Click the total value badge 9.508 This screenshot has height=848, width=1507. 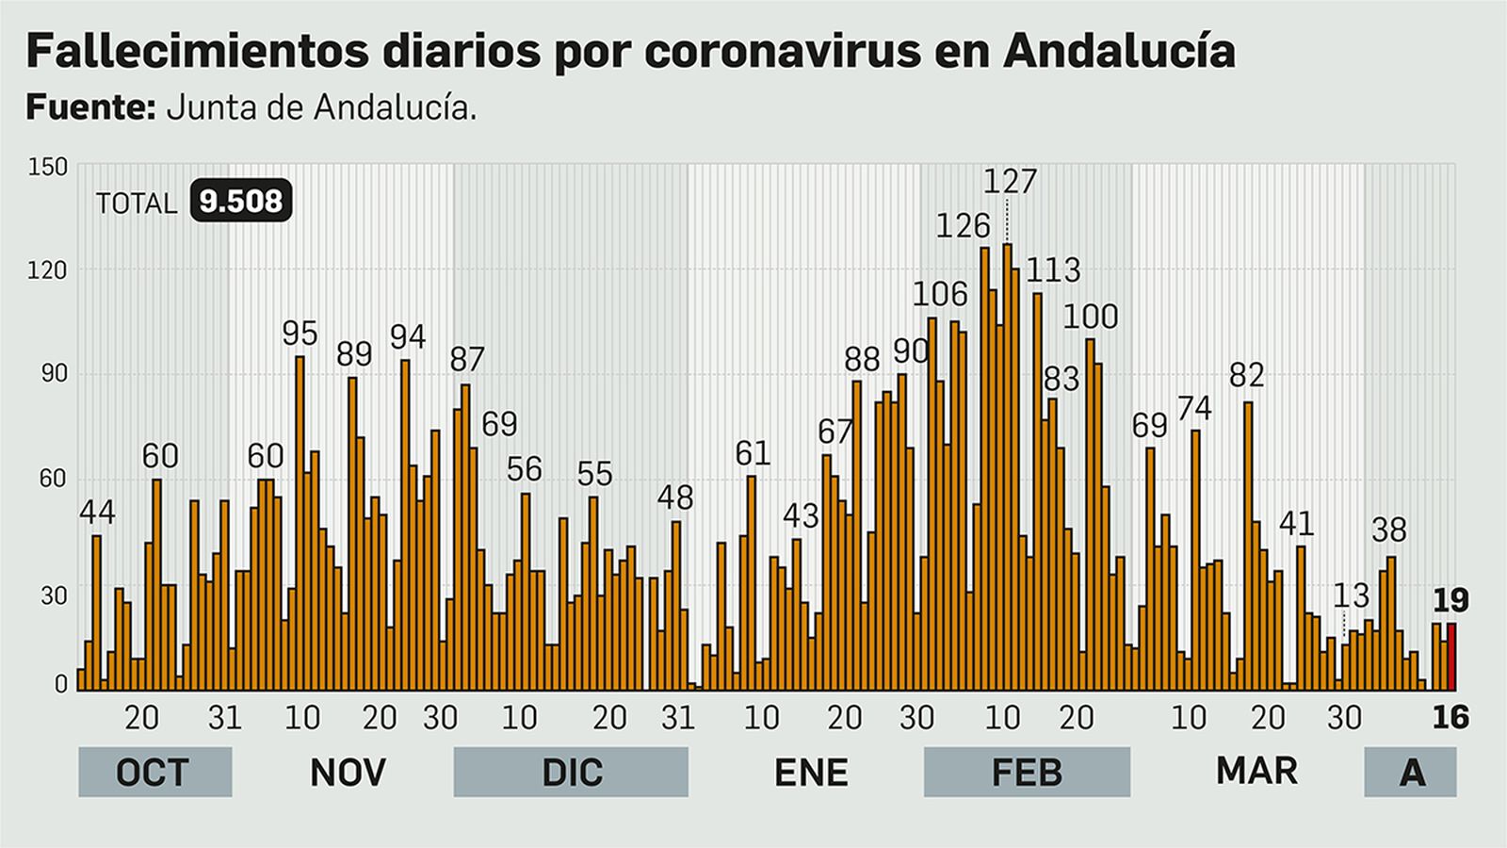coord(240,202)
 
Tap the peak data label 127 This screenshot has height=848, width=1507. coord(1010,181)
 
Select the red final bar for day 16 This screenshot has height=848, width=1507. coord(1451,657)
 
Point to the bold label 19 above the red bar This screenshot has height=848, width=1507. coord(1450,600)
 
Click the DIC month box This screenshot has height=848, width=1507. coord(571,773)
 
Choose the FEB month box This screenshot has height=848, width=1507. coord(1027,773)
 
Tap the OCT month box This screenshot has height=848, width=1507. coord(154,773)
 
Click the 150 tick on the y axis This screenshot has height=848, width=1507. coord(48,168)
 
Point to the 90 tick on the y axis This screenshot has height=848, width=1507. coord(54,373)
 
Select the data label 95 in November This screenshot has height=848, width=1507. coord(300,334)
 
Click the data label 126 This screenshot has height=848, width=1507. coord(963,226)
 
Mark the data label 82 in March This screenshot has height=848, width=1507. coord(1246,376)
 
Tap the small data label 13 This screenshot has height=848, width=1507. coord(1351,595)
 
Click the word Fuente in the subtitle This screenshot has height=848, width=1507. coord(89,107)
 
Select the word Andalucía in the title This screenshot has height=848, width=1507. coord(1119,51)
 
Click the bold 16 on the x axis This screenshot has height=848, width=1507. coord(1450,718)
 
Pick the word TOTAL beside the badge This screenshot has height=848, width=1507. coord(137,204)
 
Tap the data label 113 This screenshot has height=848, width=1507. coord(1053,270)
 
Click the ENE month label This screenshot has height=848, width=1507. coord(811,773)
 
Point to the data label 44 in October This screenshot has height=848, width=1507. coord(97,513)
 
